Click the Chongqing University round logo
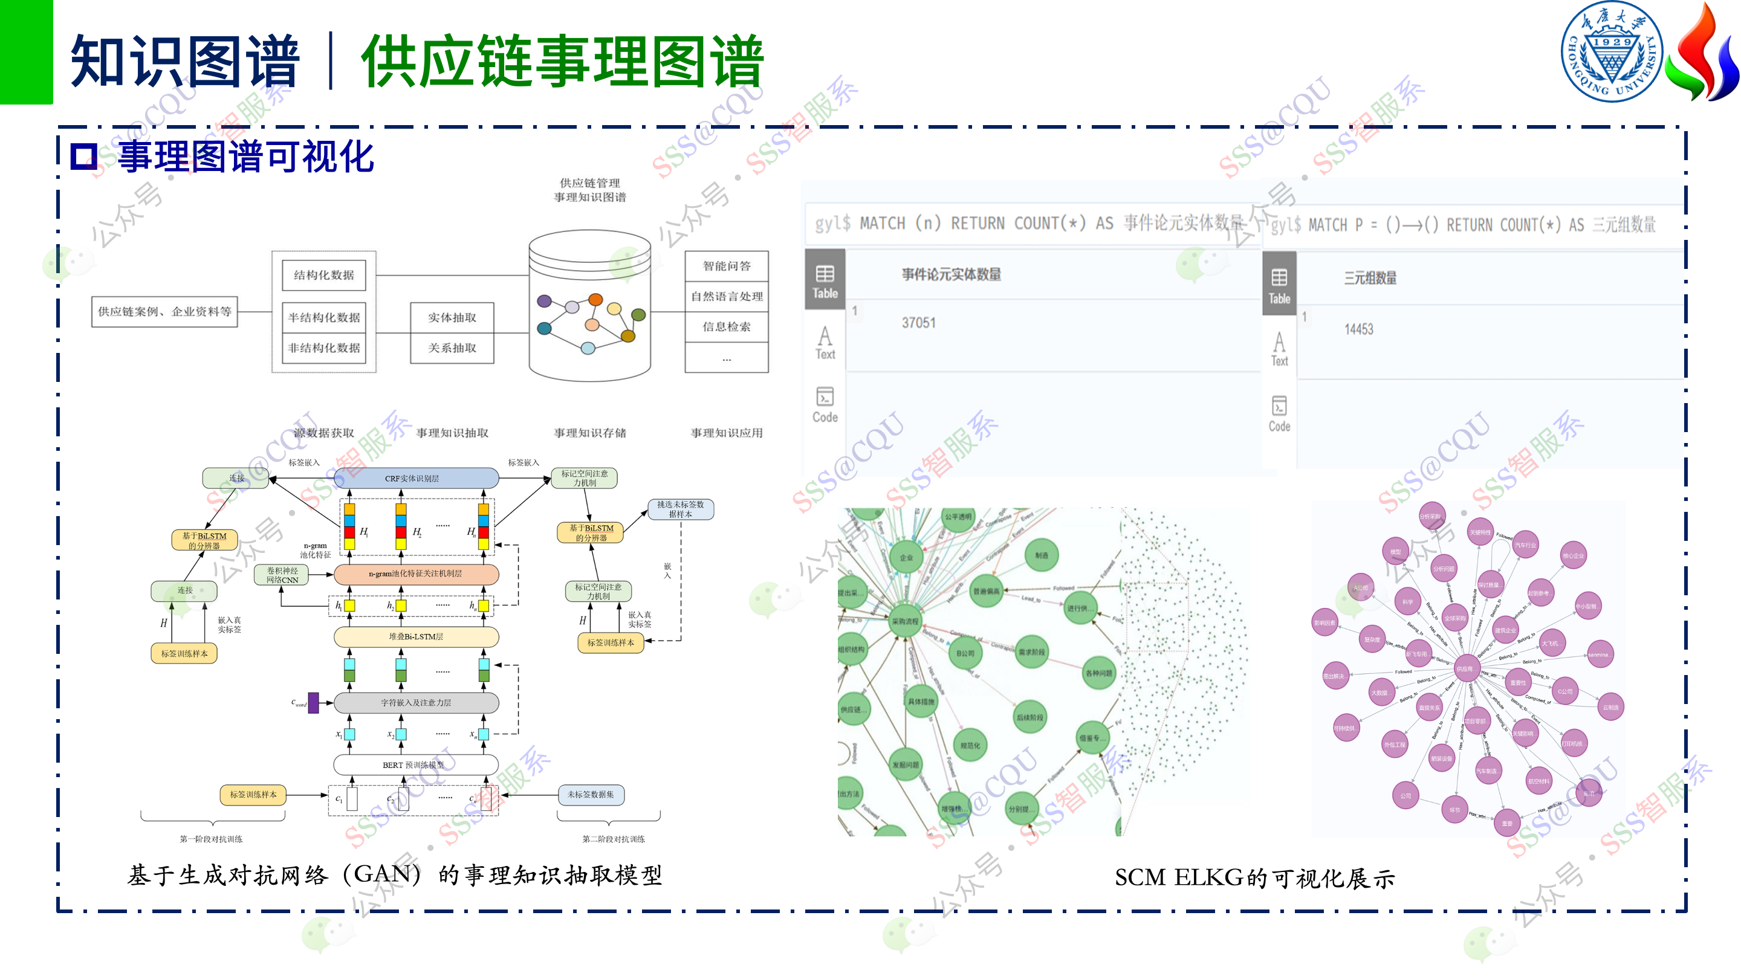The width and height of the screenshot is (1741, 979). [1611, 51]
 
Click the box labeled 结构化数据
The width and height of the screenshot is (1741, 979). [324, 275]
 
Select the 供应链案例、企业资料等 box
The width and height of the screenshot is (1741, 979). [164, 311]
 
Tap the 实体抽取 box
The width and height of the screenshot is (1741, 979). [452, 317]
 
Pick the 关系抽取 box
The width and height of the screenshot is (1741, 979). [452, 348]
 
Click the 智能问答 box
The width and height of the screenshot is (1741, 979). [727, 266]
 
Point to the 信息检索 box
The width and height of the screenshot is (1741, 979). [727, 327]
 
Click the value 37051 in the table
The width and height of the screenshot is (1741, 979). [918, 323]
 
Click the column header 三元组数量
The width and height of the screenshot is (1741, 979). [1370, 279]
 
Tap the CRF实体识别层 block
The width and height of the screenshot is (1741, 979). [412, 479]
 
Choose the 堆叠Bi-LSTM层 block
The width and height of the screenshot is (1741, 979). [416, 636]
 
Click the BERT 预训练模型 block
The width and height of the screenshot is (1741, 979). [413, 765]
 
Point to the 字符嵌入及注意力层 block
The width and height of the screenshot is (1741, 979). [416, 703]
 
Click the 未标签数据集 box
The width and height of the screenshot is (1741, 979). [591, 795]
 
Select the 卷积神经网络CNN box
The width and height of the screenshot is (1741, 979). [282, 575]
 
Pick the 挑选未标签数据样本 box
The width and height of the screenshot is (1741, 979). [680, 509]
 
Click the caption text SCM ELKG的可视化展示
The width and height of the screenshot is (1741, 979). [1254, 877]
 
